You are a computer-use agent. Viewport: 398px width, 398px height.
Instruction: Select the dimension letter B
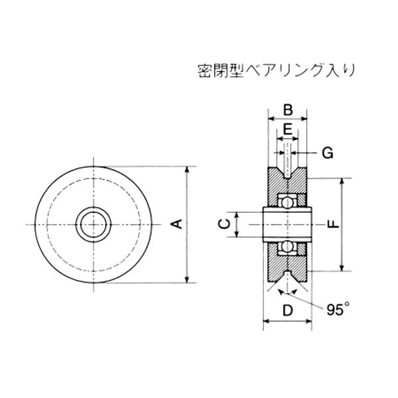click(x=288, y=110)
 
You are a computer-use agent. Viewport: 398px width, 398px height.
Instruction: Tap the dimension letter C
click(x=224, y=224)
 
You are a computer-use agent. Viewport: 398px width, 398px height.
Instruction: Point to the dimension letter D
click(x=288, y=310)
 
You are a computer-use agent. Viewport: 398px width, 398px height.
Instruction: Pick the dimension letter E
click(x=288, y=130)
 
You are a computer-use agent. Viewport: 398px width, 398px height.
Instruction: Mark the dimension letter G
click(x=328, y=153)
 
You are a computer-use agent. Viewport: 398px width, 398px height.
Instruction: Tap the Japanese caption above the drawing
click(x=276, y=70)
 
